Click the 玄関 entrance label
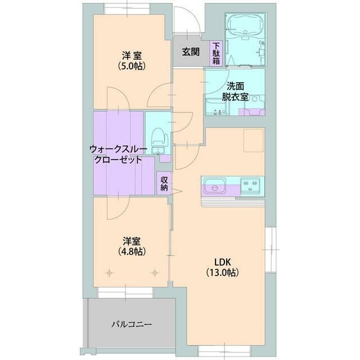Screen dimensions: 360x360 (x=191, y=52)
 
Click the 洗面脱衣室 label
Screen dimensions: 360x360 (x=235, y=91)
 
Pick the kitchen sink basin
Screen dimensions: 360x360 (x=214, y=184)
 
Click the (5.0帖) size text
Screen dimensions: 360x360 (x=132, y=66)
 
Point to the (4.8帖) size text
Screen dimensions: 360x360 (x=132, y=252)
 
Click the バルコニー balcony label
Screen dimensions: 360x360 (x=131, y=324)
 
